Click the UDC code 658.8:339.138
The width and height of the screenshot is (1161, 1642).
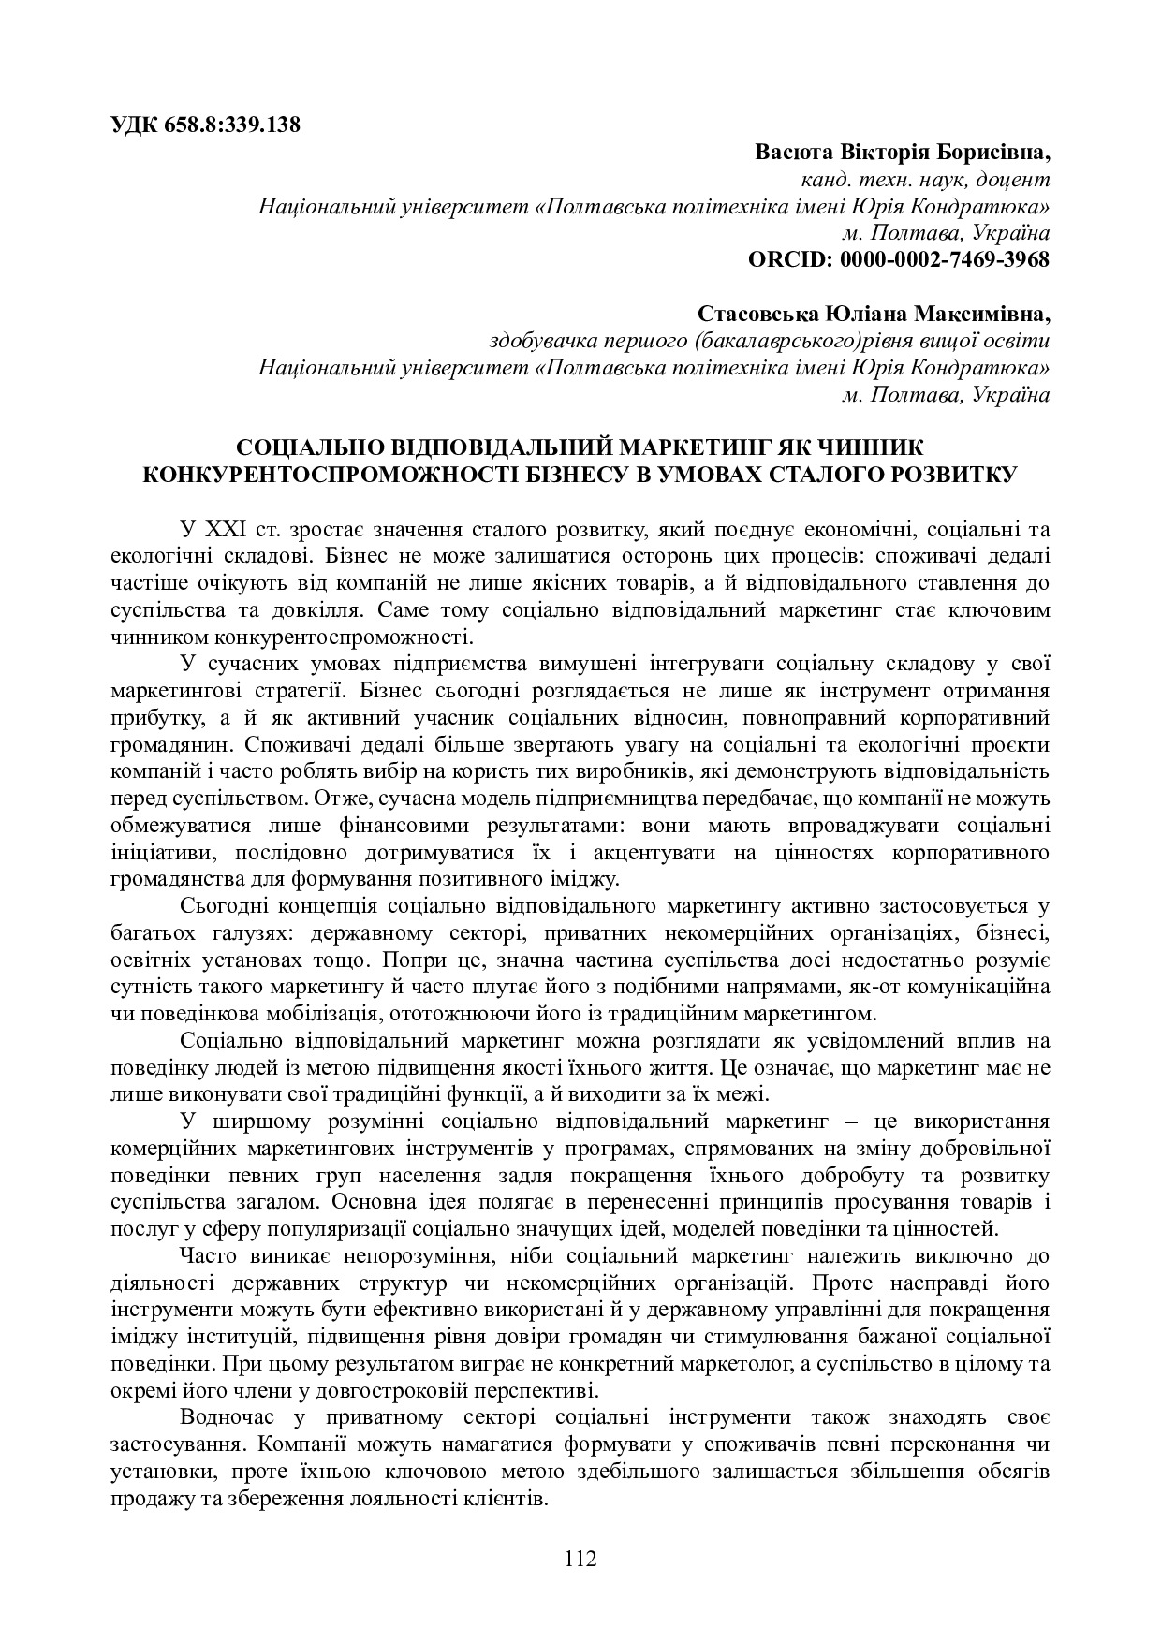234,125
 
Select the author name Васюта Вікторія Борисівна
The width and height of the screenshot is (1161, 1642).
903,152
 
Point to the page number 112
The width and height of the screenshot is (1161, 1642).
580,1559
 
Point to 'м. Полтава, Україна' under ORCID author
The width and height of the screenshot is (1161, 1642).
945,232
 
